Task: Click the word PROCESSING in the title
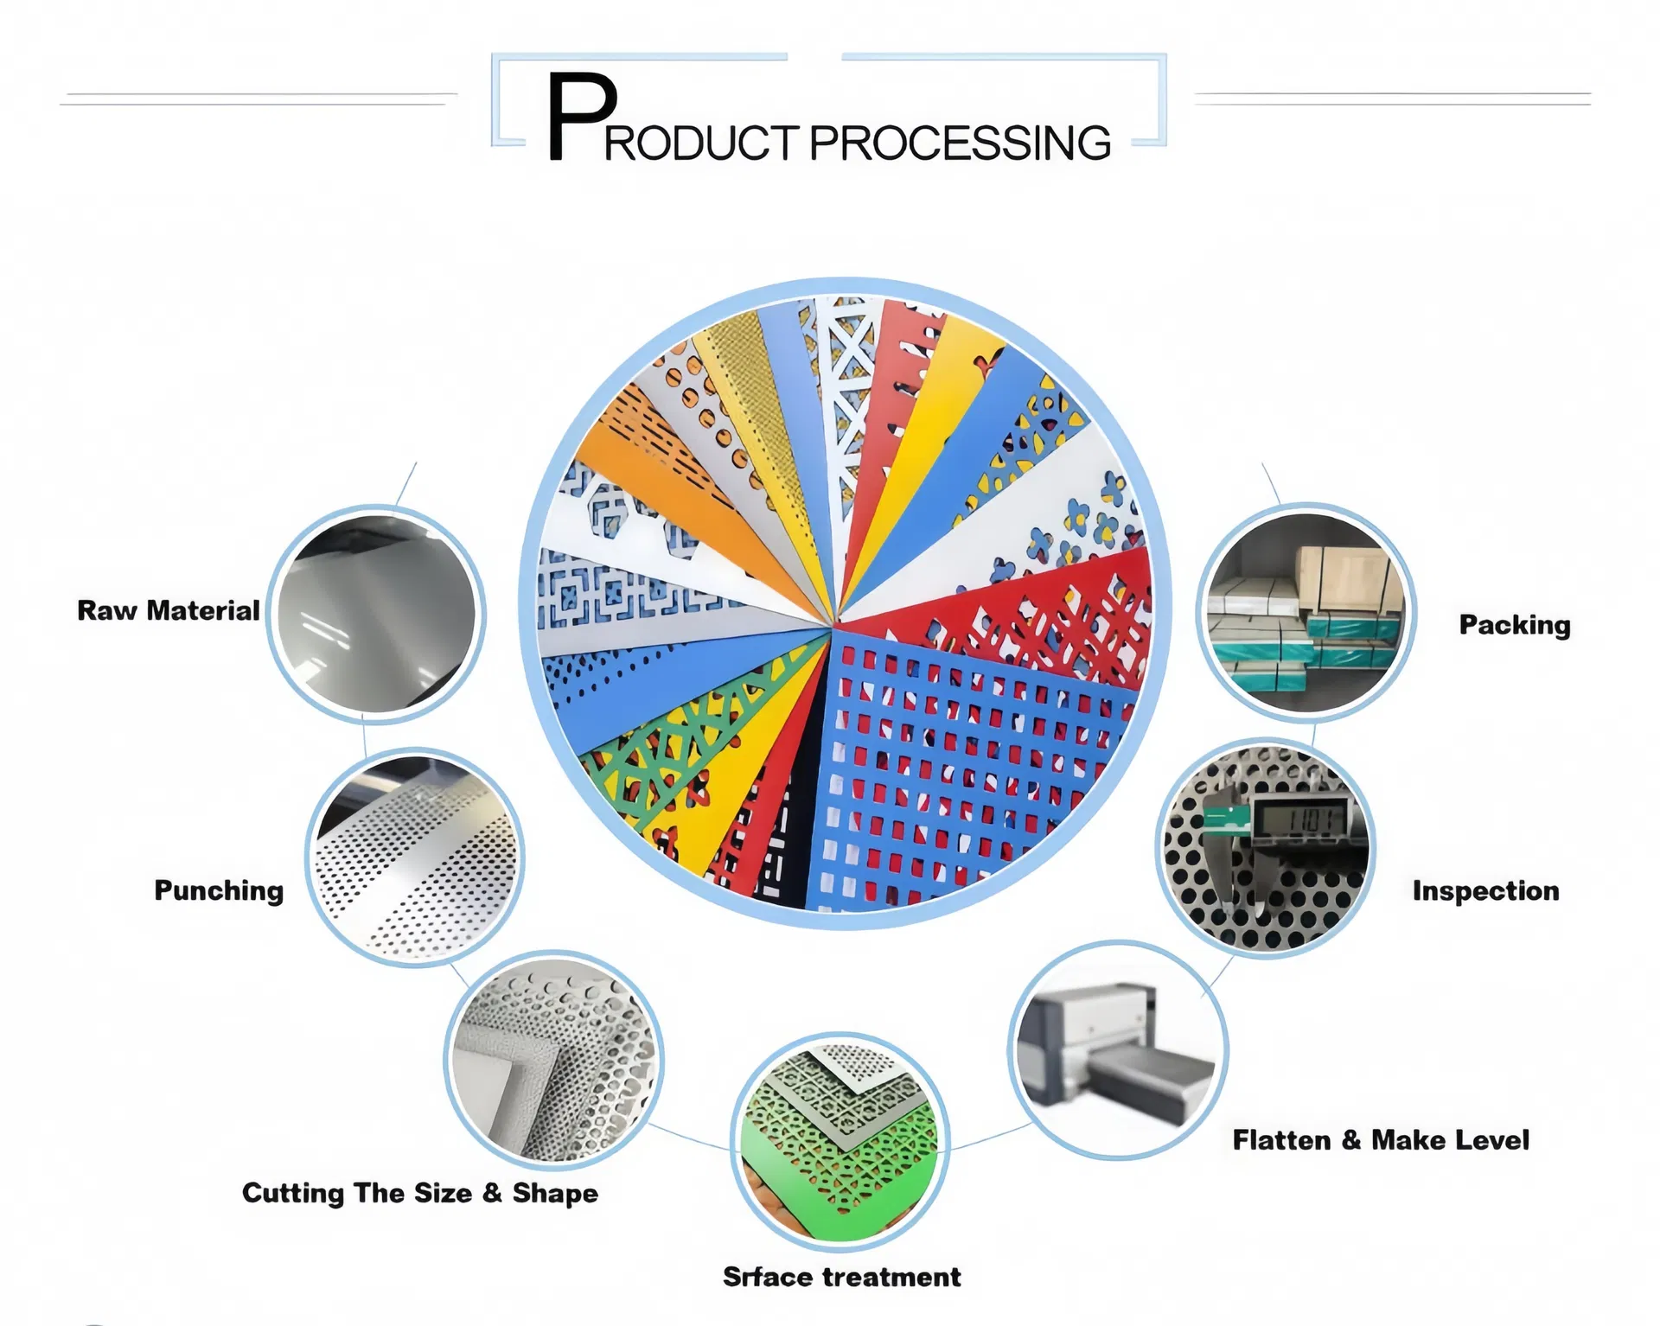[x=960, y=143]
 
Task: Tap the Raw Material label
[x=169, y=610]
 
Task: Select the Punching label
[x=219, y=890]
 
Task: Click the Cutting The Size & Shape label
[x=420, y=1193]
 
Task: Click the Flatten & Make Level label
[x=1381, y=1140]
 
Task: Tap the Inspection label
[x=1485, y=890]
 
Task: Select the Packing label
[x=1515, y=624]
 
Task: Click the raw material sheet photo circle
[x=376, y=614]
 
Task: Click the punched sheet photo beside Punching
[x=415, y=857]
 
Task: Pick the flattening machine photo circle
[x=1117, y=1050]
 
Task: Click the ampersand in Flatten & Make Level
[x=1351, y=1140]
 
